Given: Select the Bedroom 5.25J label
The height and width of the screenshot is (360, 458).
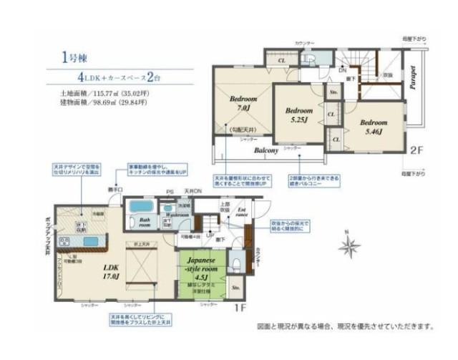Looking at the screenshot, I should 300,115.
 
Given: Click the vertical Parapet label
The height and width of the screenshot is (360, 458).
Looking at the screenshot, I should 414,79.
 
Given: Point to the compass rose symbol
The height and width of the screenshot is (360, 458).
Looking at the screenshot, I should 350,248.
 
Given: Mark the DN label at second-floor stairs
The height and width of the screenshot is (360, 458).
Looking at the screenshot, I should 343,70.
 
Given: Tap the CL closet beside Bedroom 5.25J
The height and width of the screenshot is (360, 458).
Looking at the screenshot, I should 331,114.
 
